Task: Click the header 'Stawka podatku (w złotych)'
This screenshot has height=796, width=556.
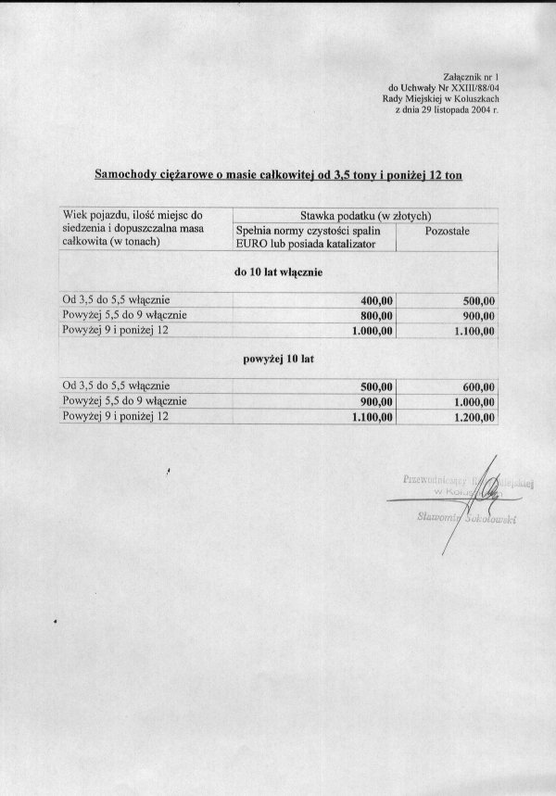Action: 366,215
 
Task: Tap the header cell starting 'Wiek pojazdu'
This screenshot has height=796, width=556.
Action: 138,215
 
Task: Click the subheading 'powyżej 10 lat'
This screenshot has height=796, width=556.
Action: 278,359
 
